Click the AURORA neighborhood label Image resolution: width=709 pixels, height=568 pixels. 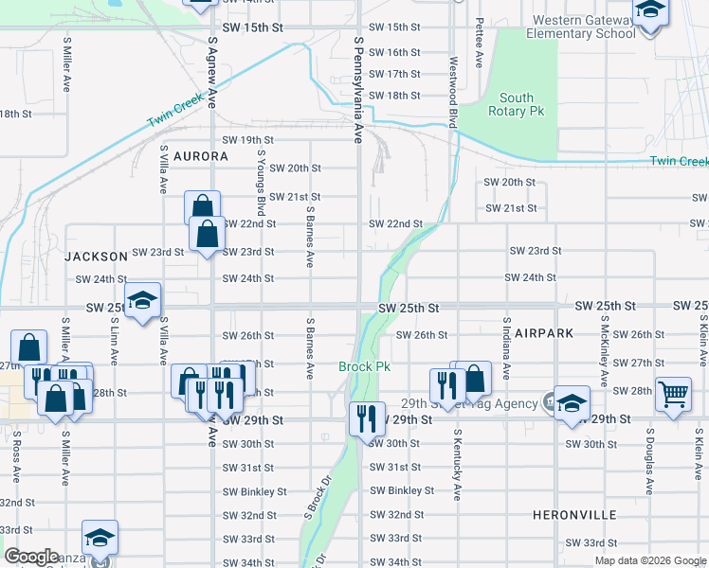[x=200, y=155]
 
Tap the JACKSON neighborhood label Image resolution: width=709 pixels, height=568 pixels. [x=96, y=257]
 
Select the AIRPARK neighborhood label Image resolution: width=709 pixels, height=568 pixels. [x=520, y=334]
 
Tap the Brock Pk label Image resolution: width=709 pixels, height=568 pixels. [x=360, y=366]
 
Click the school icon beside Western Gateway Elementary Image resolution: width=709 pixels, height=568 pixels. [x=650, y=13]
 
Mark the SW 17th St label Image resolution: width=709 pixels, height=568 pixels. [x=394, y=74]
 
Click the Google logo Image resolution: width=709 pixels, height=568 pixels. [x=32, y=556]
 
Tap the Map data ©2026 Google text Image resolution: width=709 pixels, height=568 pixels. [x=649, y=560]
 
